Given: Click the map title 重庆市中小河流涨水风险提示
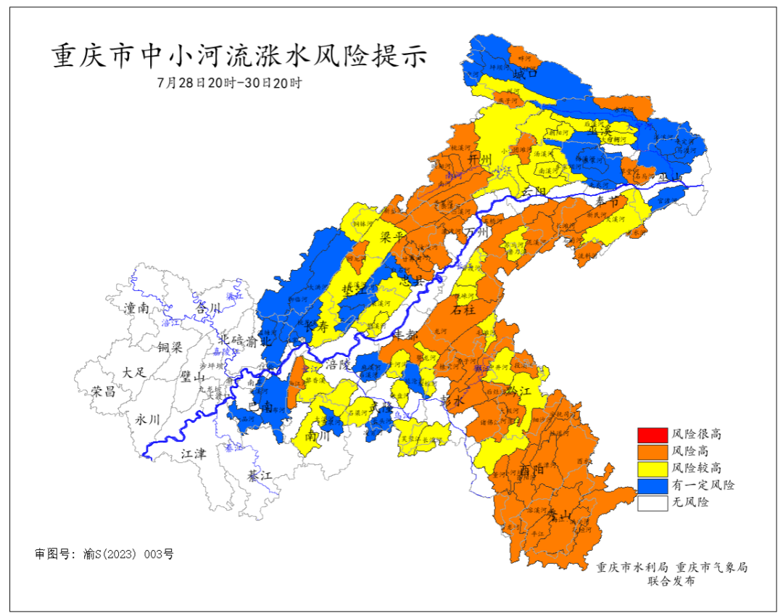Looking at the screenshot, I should (240, 56).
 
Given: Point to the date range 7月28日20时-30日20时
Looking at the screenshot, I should (229, 83).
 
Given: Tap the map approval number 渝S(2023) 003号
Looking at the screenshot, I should (104, 554).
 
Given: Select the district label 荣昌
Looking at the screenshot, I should (104, 392).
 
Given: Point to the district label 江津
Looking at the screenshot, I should (193, 454).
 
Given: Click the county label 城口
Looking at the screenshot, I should (524, 73).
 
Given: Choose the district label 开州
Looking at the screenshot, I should (480, 159).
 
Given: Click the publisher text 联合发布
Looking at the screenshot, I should (671, 582).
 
